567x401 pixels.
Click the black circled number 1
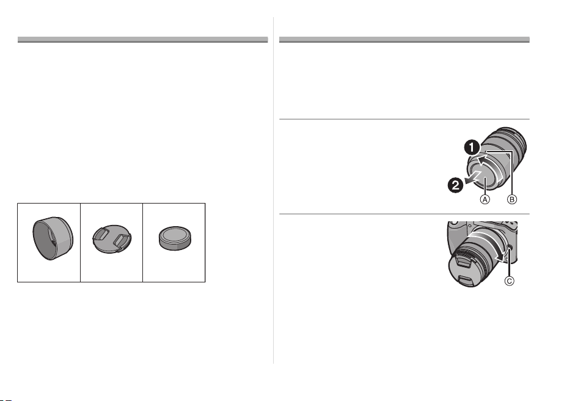[x=472, y=148]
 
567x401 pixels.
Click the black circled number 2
[x=456, y=185]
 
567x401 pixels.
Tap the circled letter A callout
[x=485, y=199]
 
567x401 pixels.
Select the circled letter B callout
[x=512, y=199]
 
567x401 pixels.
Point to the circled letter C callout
[x=509, y=281]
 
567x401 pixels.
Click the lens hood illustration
[x=53, y=238]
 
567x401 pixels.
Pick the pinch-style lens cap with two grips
[x=112, y=239]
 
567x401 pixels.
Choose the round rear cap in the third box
[x=175, y=238]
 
